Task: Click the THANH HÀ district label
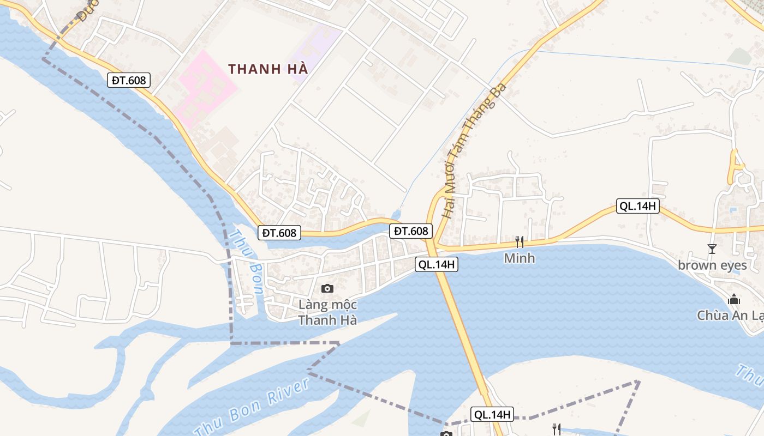(x=268, y=69)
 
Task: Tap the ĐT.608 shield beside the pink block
(x=129, y=81)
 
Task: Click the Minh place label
(x=519, y=258)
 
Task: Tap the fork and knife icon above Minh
(x=519, y=241)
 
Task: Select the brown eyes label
(x=712, y=265)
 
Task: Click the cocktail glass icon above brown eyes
(x=712, y=249)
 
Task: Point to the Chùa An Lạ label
(x=730, y=315)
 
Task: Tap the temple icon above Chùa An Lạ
(x=734, y=299)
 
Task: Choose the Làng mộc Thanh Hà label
(x=327, y=312)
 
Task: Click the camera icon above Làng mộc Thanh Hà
(x=327, y=288)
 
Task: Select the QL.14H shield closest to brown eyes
(x=638, y=206)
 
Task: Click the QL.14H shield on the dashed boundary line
(x=492, y=415)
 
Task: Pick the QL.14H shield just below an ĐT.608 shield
(x=436, y=265)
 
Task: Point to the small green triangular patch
(x=361, y=419)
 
